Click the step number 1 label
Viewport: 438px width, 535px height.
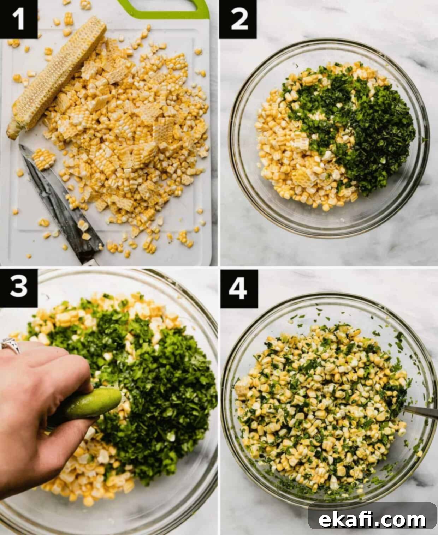click(x=18, y=19)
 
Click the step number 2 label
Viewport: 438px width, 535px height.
click(x=238, y=19)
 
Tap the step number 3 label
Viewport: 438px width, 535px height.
click(x=18, y=288)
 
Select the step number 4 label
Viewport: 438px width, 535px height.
click(x=239, y=289)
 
